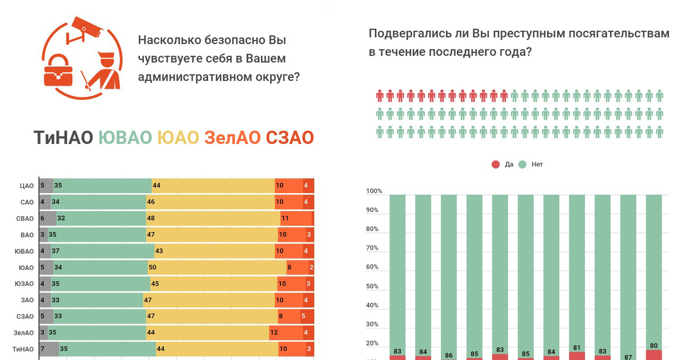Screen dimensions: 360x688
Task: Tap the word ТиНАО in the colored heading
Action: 63,138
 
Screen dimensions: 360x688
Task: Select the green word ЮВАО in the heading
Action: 125,138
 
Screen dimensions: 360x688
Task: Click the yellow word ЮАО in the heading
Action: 178,138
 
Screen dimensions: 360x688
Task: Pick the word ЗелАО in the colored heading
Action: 232,138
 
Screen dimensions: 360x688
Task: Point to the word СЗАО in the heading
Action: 290,138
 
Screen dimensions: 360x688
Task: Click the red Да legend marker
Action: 496,165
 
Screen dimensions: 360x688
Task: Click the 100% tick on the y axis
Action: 373,191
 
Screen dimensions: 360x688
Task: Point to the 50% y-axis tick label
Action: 373,286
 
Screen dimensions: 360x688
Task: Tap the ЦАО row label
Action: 27,186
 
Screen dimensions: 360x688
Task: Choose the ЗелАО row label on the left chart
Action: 24,332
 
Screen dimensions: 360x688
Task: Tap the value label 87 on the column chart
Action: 628,357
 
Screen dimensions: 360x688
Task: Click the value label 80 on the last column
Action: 654,346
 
